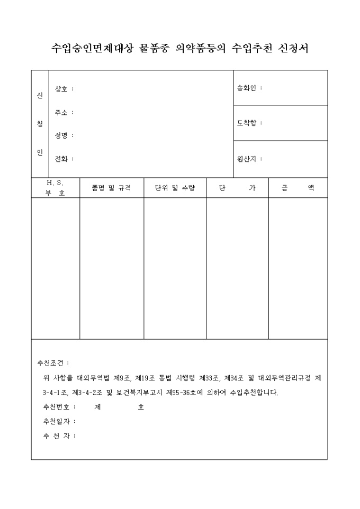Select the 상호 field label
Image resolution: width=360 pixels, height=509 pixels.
[x=61, y=89]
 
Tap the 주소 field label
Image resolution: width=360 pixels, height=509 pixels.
[x=61, y=112]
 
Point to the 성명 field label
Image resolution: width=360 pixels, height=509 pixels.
[x=61, y=135]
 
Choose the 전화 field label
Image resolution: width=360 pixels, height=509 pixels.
[x=61, y=158]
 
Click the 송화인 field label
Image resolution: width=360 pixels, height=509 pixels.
[x=247, y=88]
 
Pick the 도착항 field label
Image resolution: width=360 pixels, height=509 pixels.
[x=247, y=123]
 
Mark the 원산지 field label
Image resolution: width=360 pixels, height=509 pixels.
[x=247, y=158]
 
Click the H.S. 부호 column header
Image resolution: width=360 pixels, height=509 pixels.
[x=55, y=188]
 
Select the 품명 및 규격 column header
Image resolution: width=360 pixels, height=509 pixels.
[x=111, y=188]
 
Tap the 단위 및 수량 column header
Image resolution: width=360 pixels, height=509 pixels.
[x=175, y=188]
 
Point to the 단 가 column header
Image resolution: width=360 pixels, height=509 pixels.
[x=237, y=188]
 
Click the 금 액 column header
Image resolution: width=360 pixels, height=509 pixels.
[x=298, y=188]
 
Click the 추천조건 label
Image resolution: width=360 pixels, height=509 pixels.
[x=51, y=363]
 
